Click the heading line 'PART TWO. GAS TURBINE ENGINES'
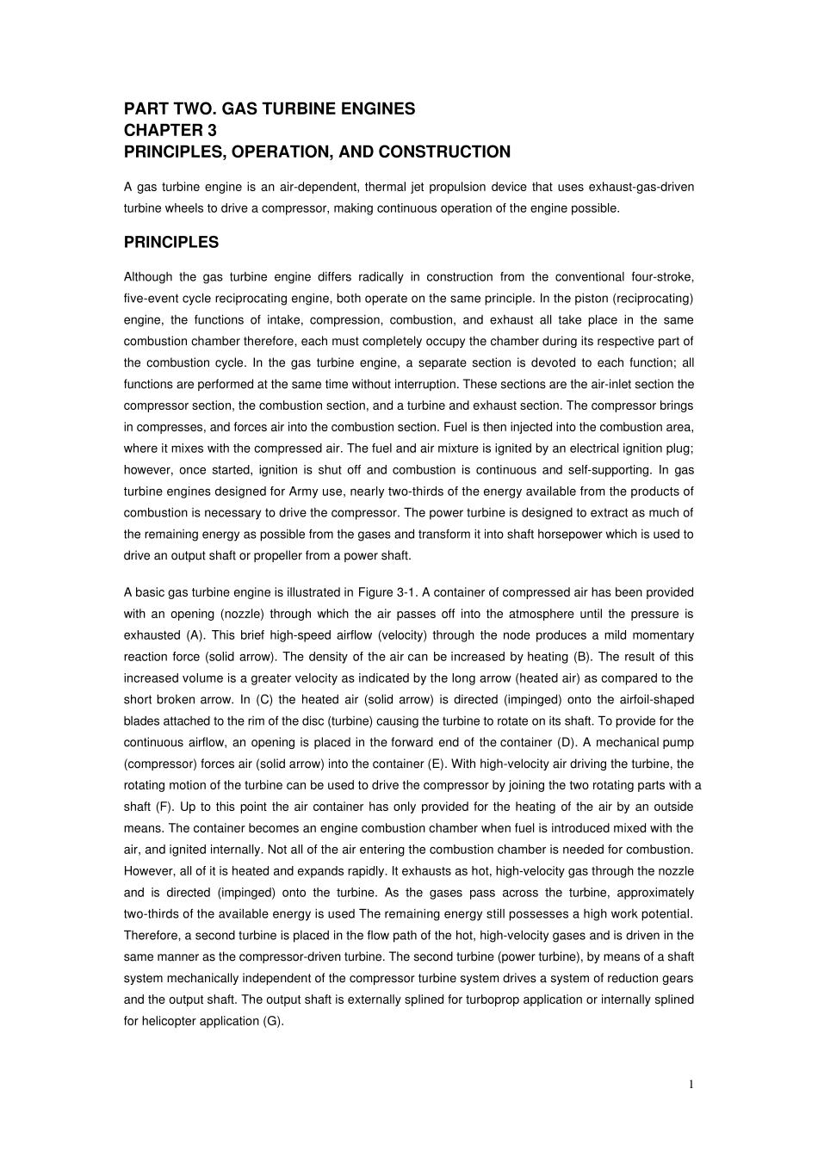(x=269, y=109)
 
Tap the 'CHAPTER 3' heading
(x=170, y=131)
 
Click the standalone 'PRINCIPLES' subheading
(x=171, y=243)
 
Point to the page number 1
(x=691, y=1085)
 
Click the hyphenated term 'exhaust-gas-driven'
(x=643, y=187)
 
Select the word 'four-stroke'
(x=662, y=277)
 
